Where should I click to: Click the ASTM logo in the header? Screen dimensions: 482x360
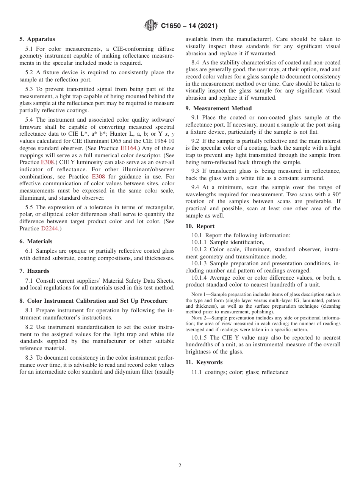151,26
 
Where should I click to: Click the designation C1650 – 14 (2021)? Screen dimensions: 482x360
189,26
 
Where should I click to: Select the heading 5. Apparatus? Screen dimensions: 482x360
37,39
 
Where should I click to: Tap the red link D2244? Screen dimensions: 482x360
49,228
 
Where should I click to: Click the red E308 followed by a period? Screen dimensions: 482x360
48,162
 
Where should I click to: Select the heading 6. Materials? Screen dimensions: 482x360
36,241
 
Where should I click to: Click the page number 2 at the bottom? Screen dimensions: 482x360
180,466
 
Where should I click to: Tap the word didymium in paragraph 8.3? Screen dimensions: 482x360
129,372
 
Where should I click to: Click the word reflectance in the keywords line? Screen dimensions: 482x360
275,372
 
